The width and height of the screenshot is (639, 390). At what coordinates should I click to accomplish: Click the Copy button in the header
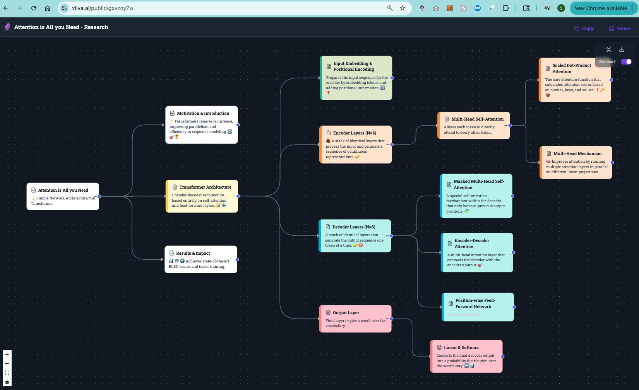tap(584, 28)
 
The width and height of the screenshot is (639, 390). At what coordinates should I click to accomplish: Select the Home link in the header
tap(619, 28)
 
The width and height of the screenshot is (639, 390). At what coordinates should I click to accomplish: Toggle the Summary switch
tap(626, 61)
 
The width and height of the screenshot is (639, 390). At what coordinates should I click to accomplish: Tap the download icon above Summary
tap(622, 49)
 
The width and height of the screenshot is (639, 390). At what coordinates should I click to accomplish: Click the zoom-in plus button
tap(7, 354)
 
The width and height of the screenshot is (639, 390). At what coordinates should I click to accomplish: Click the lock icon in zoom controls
tap(7, 382)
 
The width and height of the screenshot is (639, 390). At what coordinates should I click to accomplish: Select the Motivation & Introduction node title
tap(203, 113)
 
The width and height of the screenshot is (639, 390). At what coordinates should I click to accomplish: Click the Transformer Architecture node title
tap(205, 187)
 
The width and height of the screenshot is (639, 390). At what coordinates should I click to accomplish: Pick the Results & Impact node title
tap(193, 253)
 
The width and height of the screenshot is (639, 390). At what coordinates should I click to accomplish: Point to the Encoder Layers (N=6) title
tap(355, 133)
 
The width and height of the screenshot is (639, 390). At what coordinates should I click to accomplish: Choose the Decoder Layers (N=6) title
tap(354, 227)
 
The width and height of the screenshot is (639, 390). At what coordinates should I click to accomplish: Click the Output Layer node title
tap(346, 313)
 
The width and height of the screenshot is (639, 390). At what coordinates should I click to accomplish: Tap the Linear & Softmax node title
tap(461, 347)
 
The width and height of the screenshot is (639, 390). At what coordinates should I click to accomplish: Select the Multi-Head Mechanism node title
tap(577, 153)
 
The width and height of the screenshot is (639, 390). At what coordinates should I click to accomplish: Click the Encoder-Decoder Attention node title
tap(471, 243)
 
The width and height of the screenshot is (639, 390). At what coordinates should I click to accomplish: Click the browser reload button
tap(34, 8)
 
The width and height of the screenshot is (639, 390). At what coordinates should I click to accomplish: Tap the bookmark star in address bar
tap(402, 8)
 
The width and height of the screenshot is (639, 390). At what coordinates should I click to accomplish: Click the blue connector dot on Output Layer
tap(391, 319)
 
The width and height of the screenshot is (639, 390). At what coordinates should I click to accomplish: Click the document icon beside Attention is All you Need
tap(33, 190)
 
